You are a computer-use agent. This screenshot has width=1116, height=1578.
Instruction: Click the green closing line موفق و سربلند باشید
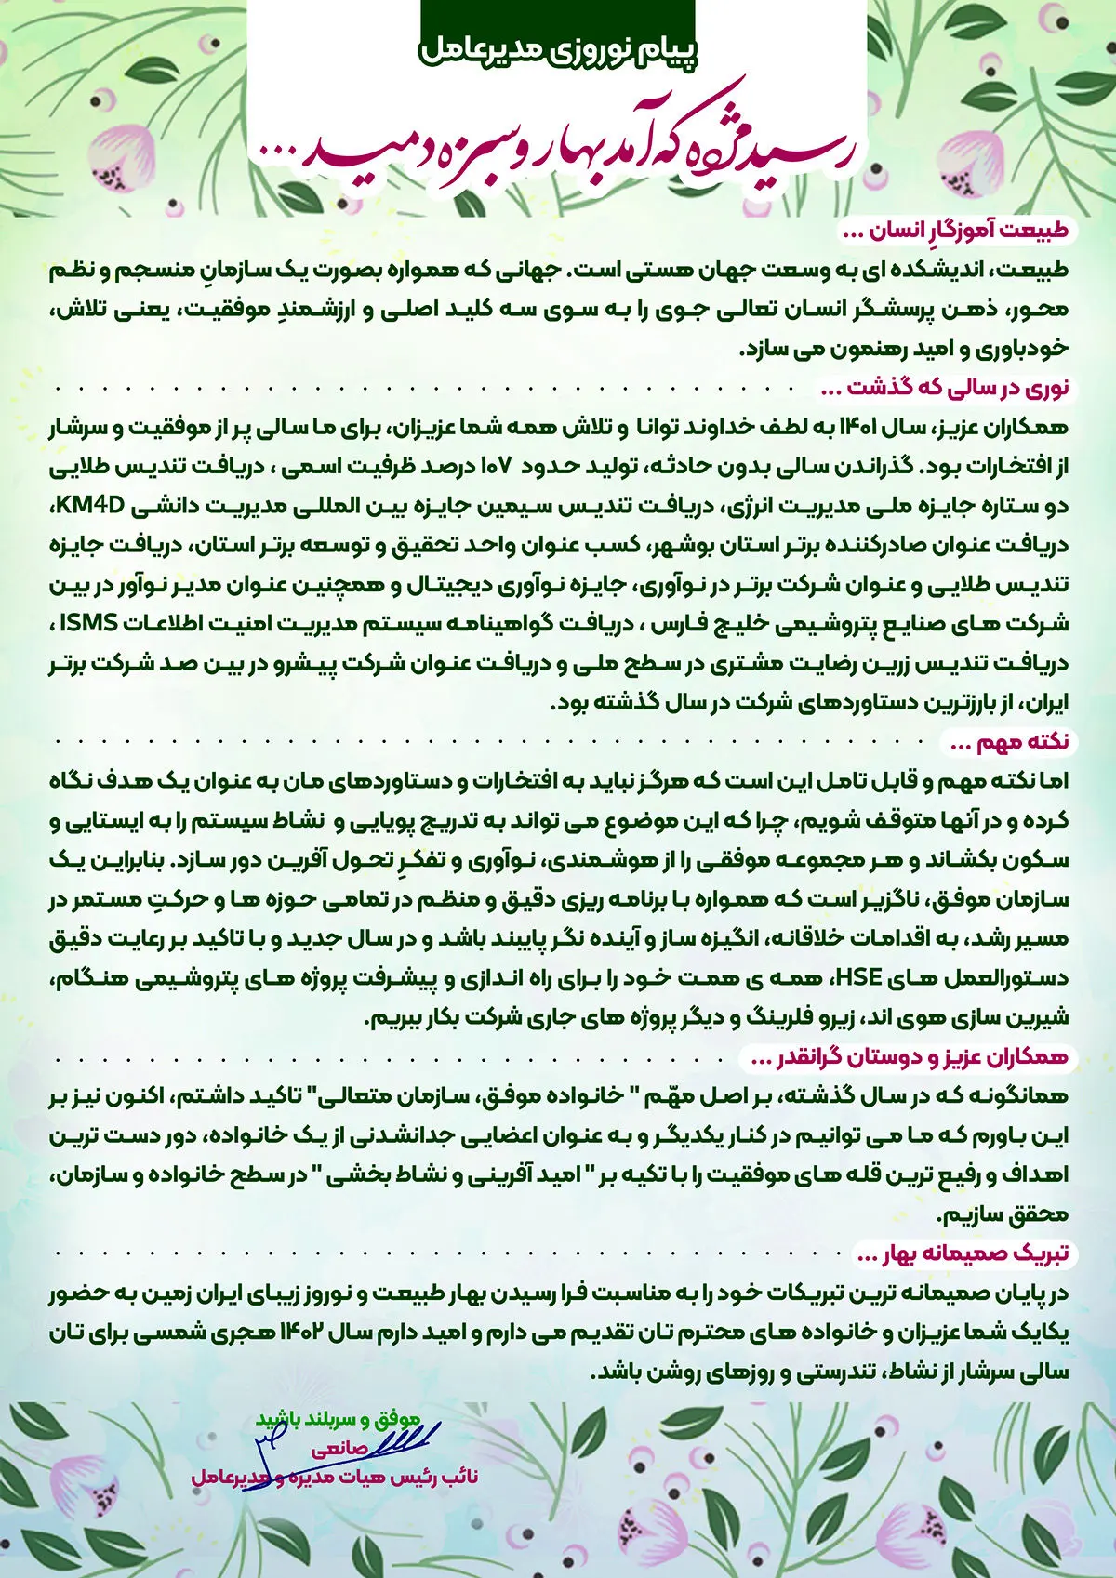point(344,1419)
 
